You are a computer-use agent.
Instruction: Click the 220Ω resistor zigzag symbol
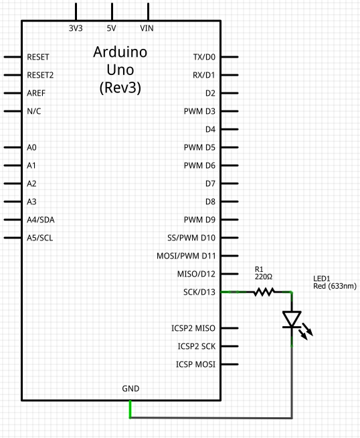click(264, 292)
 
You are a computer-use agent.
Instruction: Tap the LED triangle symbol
click(292, 319)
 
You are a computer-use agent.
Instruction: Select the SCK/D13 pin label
click(199, 292)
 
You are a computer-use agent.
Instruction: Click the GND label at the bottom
click(130, 388)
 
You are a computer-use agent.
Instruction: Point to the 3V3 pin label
click(76, 28)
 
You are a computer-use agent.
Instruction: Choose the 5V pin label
click(111, 28)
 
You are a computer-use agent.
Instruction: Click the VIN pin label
click(147, 28)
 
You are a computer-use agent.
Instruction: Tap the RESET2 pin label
click(40, 75)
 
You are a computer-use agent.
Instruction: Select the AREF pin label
click(36, 93)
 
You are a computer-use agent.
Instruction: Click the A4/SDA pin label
click(41, 220)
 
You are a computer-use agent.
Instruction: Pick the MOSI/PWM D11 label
click(186, 256)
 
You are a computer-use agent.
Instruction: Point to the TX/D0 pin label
click(204, 57)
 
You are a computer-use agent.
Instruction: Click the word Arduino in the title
click(120, 52)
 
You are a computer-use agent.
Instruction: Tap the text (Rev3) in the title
click(120, 88)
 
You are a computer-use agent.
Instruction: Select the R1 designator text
click(259, 269)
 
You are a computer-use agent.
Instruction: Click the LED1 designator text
click(322, 279)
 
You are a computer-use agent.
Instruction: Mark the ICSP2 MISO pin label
click(193, 328)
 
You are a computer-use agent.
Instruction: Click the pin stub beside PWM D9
click(230, 220)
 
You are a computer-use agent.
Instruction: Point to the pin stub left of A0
click(13, 147)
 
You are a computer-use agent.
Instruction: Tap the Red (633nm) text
click(335, 286)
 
